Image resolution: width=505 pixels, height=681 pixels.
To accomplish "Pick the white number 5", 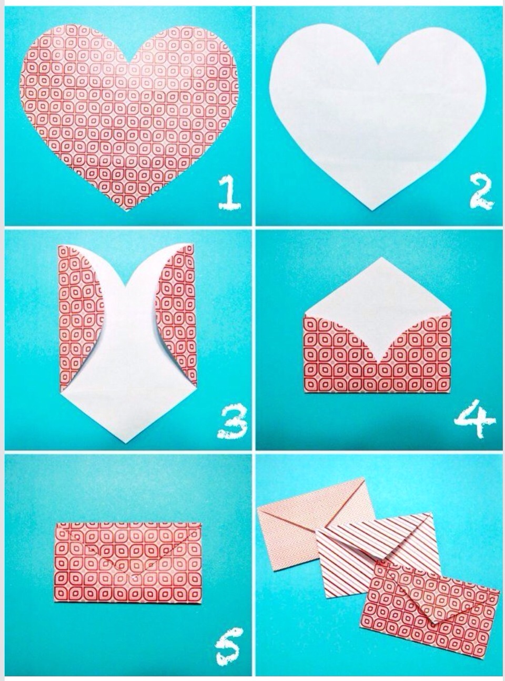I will point(229,645).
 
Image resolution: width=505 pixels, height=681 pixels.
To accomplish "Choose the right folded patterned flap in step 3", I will point(176,315).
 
